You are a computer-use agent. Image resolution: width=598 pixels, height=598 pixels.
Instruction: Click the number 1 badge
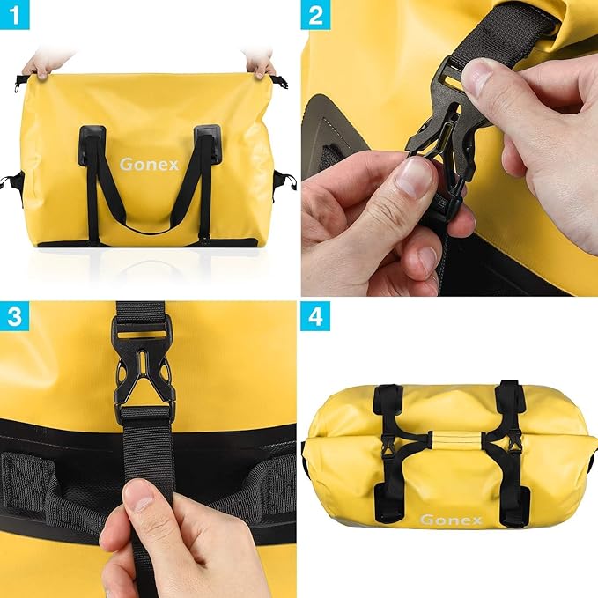click(15, 15)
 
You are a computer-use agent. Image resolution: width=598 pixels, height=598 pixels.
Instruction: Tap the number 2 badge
click(315, 15)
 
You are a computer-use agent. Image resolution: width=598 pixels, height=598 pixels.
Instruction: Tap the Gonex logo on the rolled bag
click(451, 520)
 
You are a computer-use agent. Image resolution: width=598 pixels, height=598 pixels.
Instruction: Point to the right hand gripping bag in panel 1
click(260, 62)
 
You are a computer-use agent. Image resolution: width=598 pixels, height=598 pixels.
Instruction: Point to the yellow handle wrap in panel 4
click(451, 437)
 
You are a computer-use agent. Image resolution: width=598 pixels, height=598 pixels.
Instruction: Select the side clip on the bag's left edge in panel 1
click(11, 182)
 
